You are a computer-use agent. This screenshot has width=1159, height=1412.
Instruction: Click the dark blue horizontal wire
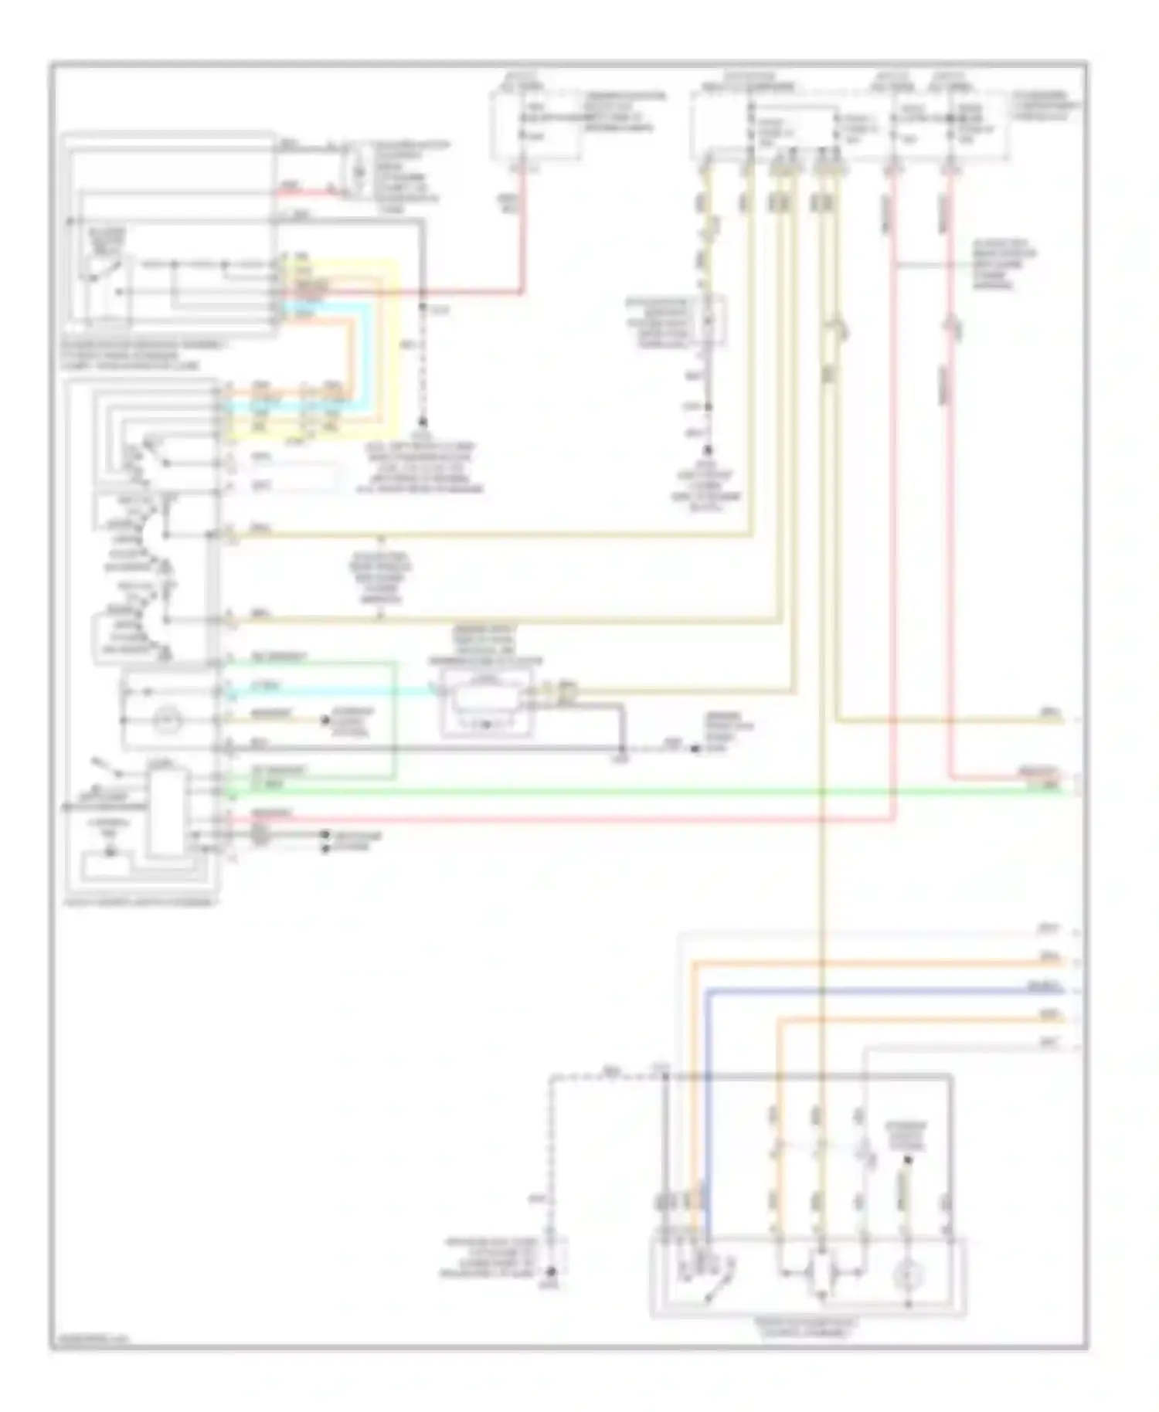pos(889,990)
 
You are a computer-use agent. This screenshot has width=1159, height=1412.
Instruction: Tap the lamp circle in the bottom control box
pos(907,1276)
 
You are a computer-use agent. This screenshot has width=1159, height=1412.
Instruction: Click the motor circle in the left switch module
pos(165,720)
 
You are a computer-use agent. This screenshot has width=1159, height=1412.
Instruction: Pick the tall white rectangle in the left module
pos(168,811)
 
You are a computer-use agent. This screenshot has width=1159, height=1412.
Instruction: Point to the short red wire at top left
pos(301,190)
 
